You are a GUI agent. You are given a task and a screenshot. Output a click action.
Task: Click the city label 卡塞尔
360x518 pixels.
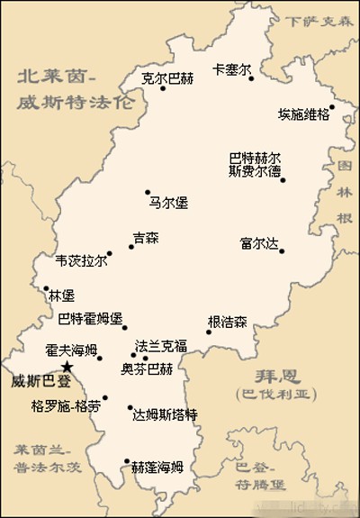click(x=230, y=69)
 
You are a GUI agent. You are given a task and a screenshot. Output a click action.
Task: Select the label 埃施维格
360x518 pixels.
click(x=303, y=114)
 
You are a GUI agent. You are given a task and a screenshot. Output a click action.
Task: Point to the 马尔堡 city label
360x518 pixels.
click(x=169, y=204)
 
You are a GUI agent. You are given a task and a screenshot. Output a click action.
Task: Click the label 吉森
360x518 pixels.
click(x=145, y=239)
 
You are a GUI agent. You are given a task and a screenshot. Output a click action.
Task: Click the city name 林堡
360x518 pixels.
click(x=61, y=295)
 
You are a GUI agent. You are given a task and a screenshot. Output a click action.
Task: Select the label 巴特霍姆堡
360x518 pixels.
click(x=89, y=318)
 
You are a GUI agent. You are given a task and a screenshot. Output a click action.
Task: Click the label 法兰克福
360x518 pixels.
click(x=161, y=346)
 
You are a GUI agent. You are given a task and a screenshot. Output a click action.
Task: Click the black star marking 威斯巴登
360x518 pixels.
click(x=68, y=367)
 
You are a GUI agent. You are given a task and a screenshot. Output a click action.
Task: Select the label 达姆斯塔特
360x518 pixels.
click(x=165, y=414)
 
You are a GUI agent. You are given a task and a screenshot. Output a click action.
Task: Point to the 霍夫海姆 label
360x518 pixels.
click(x=71, y=350)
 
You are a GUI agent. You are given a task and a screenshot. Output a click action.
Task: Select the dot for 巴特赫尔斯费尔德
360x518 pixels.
click(x=283, y=179)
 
